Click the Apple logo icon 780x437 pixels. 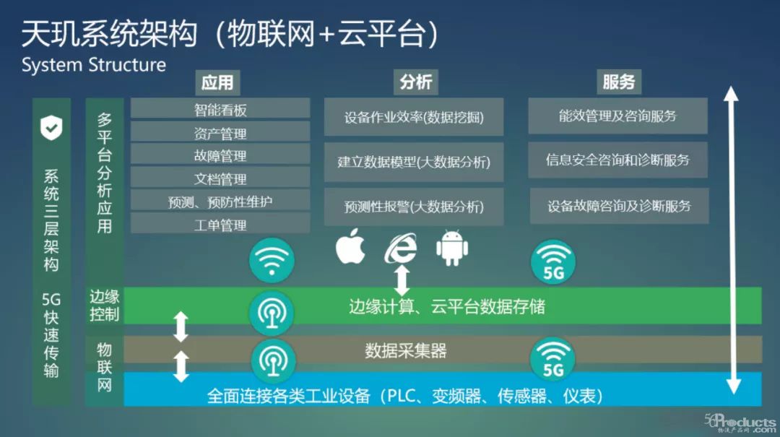351,246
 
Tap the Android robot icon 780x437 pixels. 451,248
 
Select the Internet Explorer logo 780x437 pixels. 401,248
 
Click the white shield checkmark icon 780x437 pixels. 51,128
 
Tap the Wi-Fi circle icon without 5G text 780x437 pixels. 272,260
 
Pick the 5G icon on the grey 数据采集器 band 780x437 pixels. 552,360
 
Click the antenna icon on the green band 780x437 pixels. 272,313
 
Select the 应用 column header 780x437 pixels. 217,82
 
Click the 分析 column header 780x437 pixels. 416,82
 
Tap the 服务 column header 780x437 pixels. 619,82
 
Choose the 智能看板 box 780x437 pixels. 220,109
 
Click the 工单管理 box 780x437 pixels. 220,225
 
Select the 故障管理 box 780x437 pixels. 220,155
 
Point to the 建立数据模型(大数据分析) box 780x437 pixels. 414,163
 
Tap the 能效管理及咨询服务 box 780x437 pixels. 617,116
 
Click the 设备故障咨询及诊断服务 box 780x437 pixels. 620,206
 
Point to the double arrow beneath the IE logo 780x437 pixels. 402,280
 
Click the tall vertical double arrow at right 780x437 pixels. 731,241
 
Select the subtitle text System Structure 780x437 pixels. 93,65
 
